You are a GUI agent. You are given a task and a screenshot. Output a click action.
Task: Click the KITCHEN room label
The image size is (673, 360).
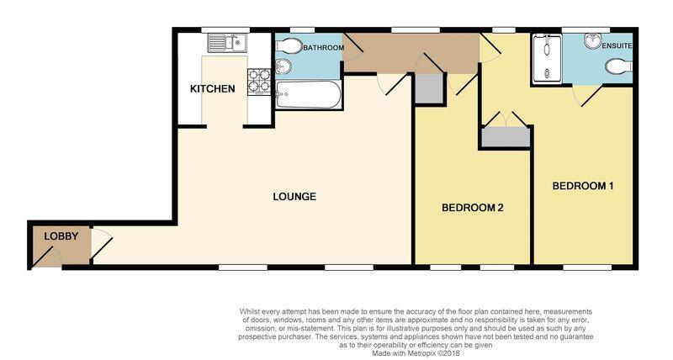212,89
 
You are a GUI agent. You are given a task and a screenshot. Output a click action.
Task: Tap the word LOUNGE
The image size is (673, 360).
294,197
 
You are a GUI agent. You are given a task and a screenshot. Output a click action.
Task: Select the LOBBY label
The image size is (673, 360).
61,236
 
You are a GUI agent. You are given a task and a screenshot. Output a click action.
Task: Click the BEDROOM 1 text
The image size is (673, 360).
582,185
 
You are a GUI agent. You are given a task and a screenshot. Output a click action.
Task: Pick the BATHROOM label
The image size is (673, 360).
324,49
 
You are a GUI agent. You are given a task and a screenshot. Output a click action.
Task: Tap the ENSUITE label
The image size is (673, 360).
617,44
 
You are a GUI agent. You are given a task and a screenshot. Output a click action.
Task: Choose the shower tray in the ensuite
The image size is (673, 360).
548,57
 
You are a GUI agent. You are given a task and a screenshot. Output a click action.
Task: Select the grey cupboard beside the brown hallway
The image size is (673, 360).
428,88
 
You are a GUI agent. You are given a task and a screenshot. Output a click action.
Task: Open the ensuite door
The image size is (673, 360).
586,98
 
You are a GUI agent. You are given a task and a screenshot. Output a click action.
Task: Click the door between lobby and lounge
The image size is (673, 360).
98,244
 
